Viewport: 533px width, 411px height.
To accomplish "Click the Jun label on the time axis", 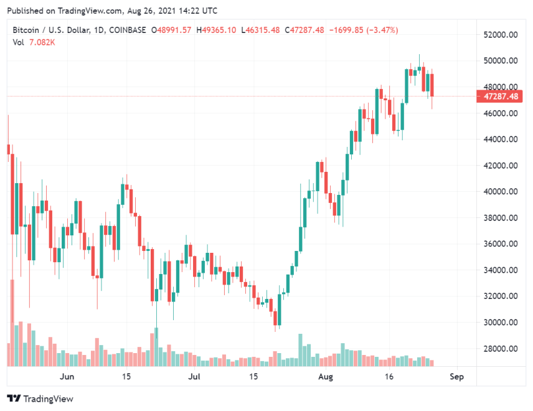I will point(67,377).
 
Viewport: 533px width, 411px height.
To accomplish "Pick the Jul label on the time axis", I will point(195,377).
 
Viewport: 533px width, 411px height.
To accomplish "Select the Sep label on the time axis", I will point(456,377).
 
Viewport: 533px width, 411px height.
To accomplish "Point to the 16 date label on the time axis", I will point(389,377).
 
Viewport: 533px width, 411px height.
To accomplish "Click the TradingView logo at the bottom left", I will point(40,399).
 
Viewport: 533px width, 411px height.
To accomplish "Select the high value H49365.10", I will point(216,30).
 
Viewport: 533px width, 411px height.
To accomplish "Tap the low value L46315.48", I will point(260,30).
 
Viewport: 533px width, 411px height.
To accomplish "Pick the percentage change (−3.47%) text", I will point(379,30).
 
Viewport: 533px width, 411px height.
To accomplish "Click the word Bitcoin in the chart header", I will point(26,30).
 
